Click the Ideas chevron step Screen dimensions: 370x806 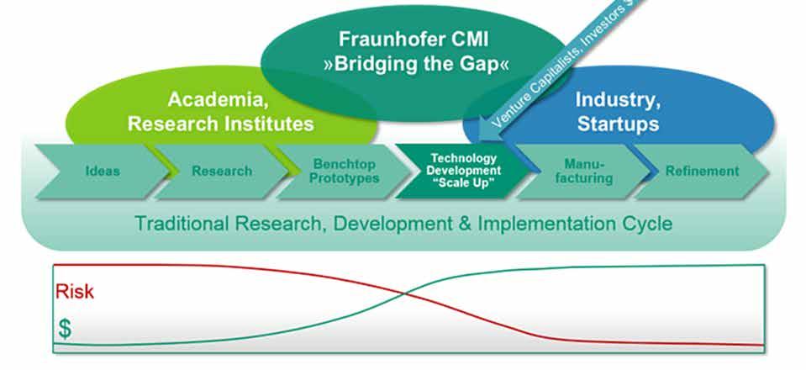click(102, 171)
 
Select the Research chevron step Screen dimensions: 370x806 click(222, 171)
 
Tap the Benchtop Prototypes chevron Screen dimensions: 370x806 click(345, 171)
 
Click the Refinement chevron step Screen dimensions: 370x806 click(702, 171)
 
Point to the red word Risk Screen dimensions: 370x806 click(75, 292)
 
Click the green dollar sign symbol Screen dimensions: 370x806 click(65, 330)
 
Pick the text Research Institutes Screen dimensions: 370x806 click(220, 124)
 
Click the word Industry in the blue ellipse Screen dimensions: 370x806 click(618, 99)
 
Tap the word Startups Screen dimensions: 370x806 click(618, 124)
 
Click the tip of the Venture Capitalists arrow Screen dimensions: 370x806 click(481, 136)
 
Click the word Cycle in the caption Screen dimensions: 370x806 click(651, 224)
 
